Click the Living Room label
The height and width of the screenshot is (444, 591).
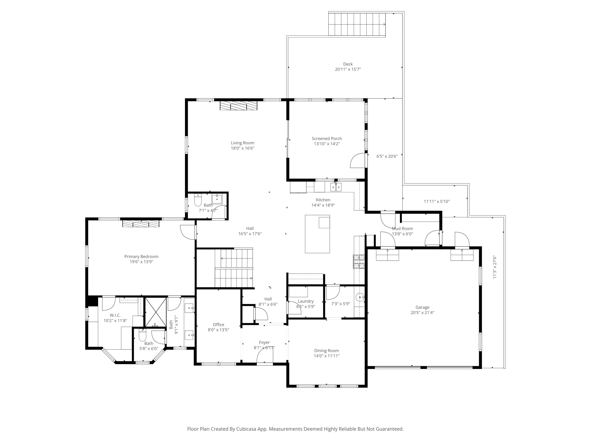[242, 143]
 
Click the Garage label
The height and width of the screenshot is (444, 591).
[422, 307]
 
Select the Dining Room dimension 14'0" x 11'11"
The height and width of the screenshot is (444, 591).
[326, 356]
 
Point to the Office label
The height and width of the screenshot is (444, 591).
[218, 324]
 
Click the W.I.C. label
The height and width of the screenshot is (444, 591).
[115, 315]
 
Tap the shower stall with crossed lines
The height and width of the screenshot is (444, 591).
[155, 312]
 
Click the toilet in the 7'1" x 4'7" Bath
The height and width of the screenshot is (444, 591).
[198, 200]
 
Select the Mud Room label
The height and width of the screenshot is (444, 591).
[402, 229]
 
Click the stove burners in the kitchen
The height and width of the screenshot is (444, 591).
[359, 261]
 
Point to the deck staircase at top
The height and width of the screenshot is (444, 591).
[357, 24]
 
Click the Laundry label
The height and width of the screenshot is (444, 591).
[305, 301]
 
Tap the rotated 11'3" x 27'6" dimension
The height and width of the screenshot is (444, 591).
[494, 267]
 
